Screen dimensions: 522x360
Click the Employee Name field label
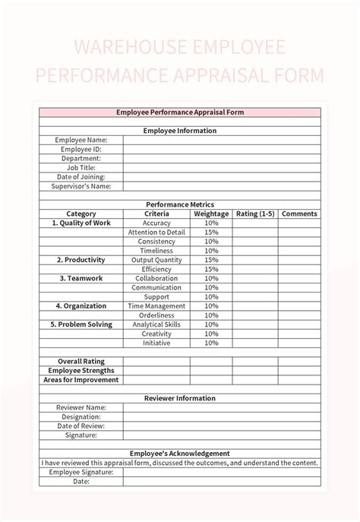81,140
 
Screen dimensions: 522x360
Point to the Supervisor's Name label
81,186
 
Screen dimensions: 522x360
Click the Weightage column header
211,214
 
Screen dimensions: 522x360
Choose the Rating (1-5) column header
255,214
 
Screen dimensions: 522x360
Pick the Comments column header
299,214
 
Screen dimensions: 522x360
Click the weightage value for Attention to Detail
211,232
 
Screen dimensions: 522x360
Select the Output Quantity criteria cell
156,260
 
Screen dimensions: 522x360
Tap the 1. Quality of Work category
81,223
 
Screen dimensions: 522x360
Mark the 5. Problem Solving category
81,324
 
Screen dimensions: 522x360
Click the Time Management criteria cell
156,305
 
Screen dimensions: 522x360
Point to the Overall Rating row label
81,361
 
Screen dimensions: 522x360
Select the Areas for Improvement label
81,379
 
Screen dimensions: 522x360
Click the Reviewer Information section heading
180,398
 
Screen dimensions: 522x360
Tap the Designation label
81,416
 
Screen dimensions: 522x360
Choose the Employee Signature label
81,472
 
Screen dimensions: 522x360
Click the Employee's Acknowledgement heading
180,454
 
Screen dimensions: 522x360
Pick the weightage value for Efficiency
211,269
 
